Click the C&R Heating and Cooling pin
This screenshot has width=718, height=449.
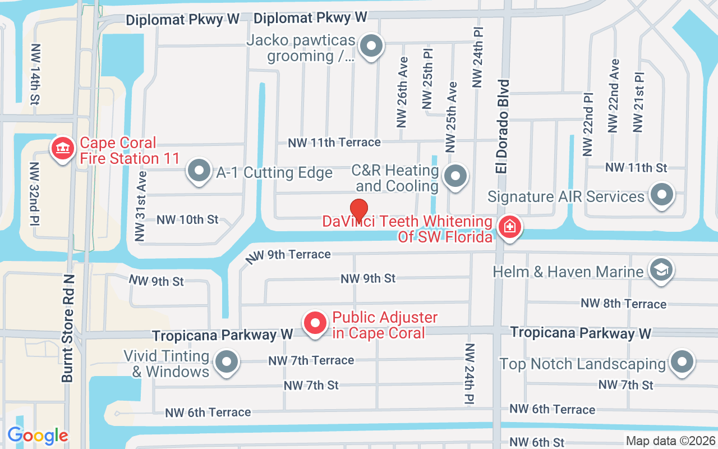(455, 176)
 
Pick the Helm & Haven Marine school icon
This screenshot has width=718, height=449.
(660, 271)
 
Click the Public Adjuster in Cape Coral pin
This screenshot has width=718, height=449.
(315, 323)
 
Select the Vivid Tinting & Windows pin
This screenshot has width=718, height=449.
(227, 362)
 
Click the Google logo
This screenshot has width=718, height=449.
(38, 436)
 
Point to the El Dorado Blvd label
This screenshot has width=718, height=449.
(503, 126)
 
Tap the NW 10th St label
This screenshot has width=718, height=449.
(187, 219)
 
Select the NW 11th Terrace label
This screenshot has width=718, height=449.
(334, 143)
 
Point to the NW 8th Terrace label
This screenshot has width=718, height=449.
(623, 304)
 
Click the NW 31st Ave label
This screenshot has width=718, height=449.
(140, 206)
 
